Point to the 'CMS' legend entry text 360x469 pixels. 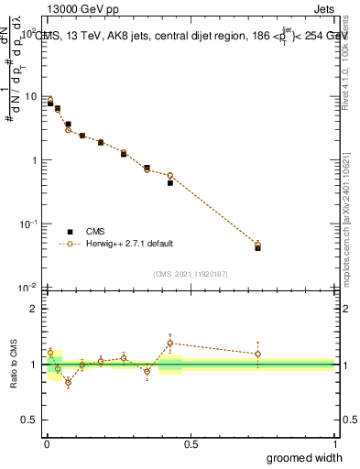tap(96, 232)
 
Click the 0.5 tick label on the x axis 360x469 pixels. tap(191, 443)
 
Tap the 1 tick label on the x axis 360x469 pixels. tap(334, 443)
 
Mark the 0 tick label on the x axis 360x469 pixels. tap(47, 443)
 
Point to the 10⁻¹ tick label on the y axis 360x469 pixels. tap(30, 224)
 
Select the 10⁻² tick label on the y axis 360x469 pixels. tap(30, 287)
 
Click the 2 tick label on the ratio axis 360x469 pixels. tap(35, 309)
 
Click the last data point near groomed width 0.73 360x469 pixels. tap(257, 245)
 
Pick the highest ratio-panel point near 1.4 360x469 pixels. tap(170, 344)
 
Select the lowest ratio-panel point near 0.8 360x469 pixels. tap(68, 382)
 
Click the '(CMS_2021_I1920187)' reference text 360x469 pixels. tap(191, 272)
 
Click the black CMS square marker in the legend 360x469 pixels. tap(69, 232)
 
